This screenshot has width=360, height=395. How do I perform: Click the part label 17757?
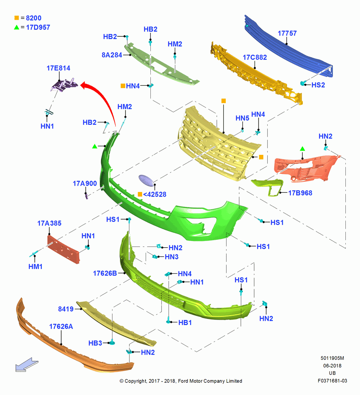coord(287,33)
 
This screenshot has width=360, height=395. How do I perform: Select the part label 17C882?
coord(255,57)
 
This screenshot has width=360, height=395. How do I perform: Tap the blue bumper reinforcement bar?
coord(289,47)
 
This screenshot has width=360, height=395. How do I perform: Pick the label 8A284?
coord(112,55)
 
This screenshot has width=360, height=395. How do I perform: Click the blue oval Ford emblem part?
coord(147,181)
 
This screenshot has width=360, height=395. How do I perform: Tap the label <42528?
coord(155,194)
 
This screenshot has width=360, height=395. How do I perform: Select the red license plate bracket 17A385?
coord(64,249)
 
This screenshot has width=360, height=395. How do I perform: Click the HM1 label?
coord(35,267)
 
